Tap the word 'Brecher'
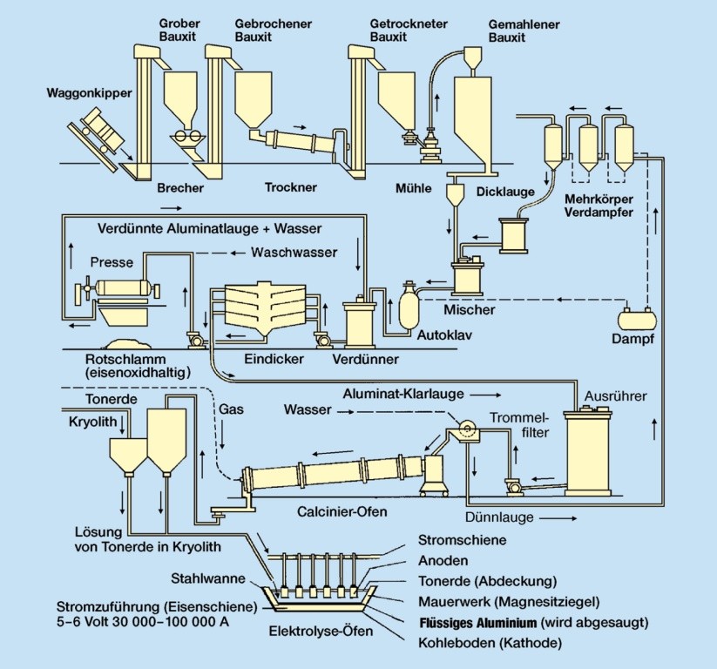coord(180,187)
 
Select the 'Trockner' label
coord(291,187)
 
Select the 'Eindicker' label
coord(270,358)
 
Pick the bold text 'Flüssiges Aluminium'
coord(477,622)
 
